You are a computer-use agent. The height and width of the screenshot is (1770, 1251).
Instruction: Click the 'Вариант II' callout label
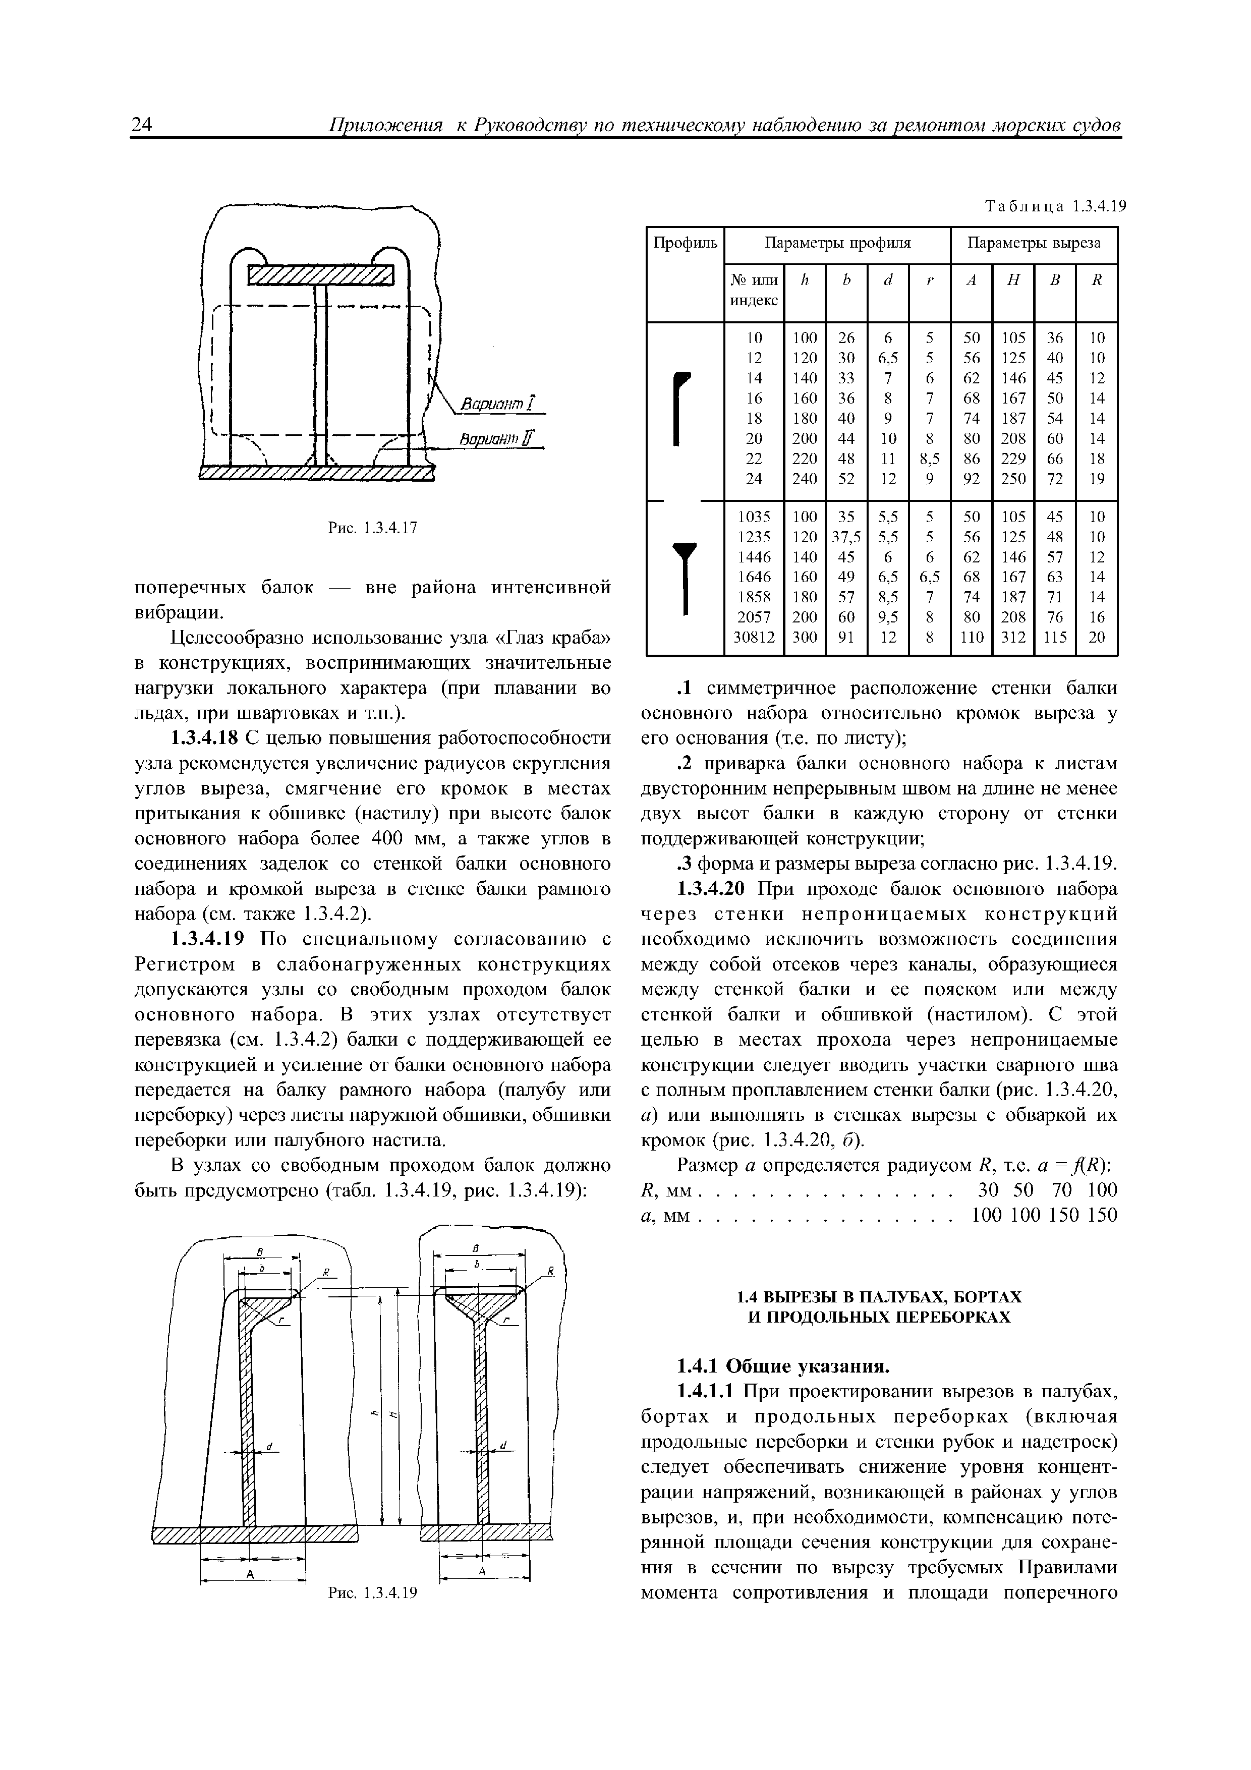point(501,439)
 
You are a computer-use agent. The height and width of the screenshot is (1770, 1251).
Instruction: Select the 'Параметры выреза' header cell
point(1034,244)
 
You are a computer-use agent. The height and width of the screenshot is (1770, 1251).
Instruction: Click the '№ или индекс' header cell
point(753,290)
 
